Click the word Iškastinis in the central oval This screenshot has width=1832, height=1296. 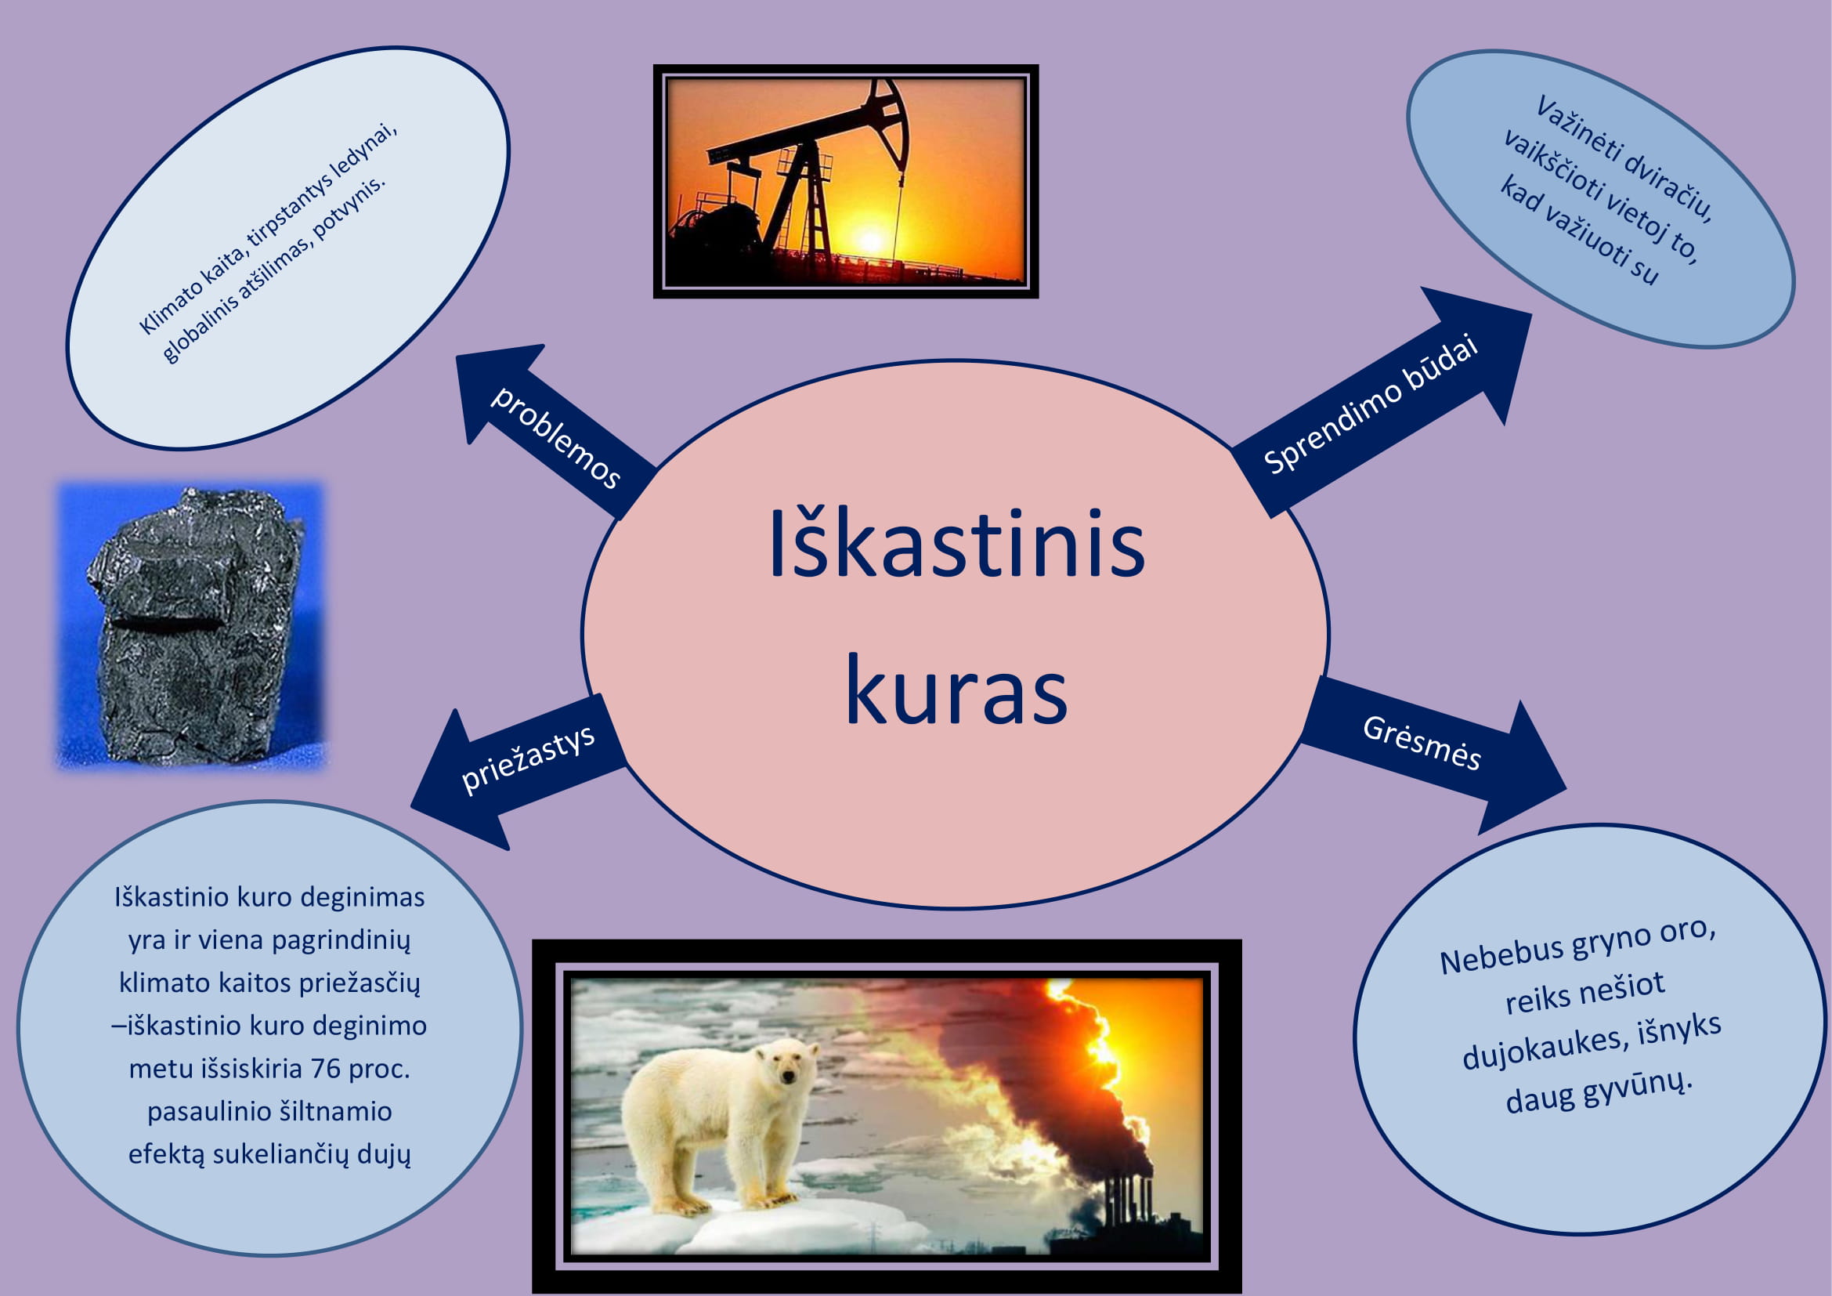pos(956,543)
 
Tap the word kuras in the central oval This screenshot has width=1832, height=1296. pos(956,688)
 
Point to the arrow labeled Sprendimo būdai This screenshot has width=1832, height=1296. pos(1380,403)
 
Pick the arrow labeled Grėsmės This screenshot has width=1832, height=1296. pos(1433,754)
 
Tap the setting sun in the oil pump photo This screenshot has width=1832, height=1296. pos(869,241)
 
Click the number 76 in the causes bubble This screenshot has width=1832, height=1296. pos(326,1069)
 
